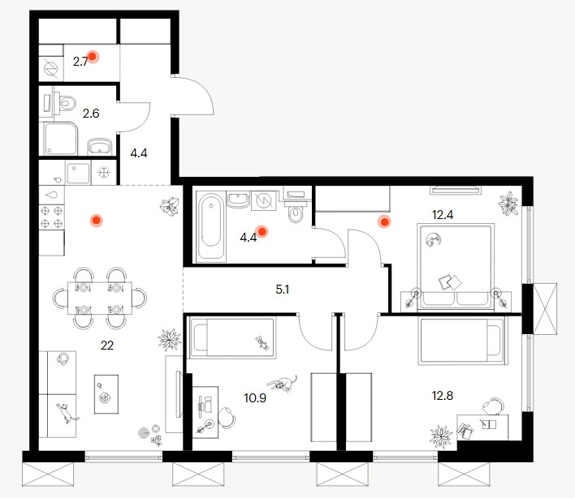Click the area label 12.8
443,396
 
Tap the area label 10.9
255,397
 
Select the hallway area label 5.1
283,290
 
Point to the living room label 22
107,345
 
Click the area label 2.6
91,114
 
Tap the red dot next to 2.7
93,57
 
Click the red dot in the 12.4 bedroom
384,221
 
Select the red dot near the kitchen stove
97,220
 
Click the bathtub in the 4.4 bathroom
210,226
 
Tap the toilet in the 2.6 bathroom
66,102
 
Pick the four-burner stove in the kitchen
52,217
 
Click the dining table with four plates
100,298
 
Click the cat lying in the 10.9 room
283,384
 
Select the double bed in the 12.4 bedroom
456,267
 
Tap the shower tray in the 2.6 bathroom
61,139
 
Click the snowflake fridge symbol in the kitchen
104,172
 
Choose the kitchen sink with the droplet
52,195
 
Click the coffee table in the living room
106,394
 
